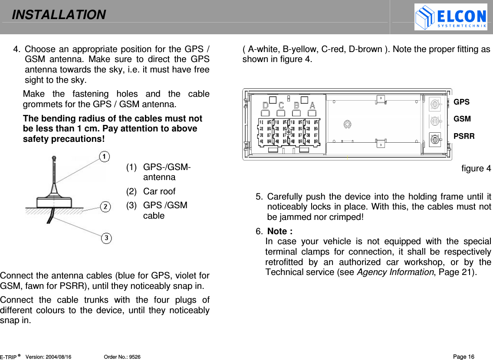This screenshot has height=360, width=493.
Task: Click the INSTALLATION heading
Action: pyautogui.click(x=59, y=15)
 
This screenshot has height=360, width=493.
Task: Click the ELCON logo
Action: pyautogui.click(x=450, y=17)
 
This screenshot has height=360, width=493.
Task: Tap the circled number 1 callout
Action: pyautogui.click(x=104, y=156)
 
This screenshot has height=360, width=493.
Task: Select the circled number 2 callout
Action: pyautogui.click(x=105, y=207)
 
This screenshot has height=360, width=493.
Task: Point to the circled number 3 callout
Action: pyautogui.click(x=107, y=238)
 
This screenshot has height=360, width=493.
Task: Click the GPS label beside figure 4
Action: pyautogui.click(x=461, y=102)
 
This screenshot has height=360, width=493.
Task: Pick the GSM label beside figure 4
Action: pyautogui.click(x=462, y=119)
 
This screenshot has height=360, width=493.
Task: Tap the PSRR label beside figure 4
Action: pyautogui.click(x=464, y=136)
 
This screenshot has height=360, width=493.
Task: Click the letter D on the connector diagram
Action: pyautogui.click(x=266, y=105)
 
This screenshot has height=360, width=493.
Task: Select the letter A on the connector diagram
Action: pyautogui.click(x=312, y=105)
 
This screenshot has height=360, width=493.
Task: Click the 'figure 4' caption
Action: pyautogui.click(x=476, y=168)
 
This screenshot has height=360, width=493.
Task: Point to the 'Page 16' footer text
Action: pyautogui.click(x=463, y=357)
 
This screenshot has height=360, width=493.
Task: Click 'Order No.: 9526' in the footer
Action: pyautogui.click(x=122, y=357)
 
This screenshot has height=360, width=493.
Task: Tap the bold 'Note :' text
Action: pyautogui.click(x=279, y=231)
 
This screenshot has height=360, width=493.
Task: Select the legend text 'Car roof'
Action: pyautogui.click(x=159, y=191)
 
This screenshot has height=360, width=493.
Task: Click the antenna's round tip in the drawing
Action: pyautogui.click(x=54, y=158)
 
